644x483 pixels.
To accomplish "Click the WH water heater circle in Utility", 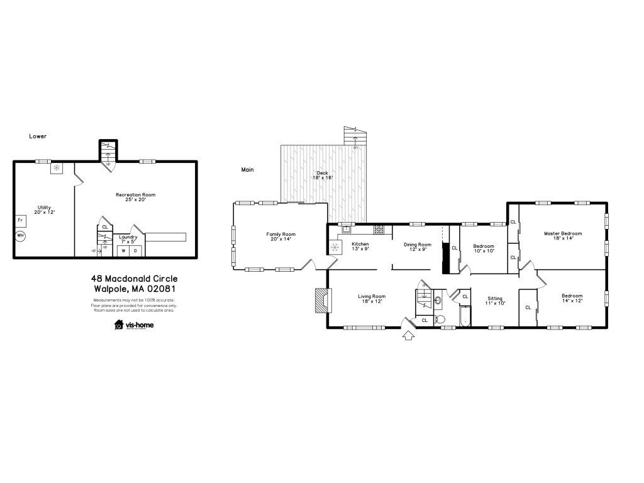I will tap(20, 236).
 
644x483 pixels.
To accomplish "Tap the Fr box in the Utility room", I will tap(20, 221).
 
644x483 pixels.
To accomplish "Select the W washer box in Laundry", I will tap(123, 250).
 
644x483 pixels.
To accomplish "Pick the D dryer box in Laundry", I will tap(135, 250).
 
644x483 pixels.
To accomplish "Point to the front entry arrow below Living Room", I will tap(408, 336).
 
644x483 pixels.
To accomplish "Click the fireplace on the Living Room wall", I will tap(321, 300).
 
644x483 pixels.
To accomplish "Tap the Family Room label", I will tap(280, 236).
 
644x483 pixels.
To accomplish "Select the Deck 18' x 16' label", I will tap(323, 175).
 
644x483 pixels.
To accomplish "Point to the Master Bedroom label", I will tap(563, 236).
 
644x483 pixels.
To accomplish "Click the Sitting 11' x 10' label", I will tap(496, 301).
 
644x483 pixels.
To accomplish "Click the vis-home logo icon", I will tap(119, 325).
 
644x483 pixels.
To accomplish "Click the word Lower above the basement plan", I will tap(38, 136).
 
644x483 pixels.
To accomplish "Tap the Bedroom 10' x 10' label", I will tap(484, 248).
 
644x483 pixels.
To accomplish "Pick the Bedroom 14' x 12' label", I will tap(572, 298).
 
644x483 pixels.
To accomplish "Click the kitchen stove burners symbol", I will tap(379, 229).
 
